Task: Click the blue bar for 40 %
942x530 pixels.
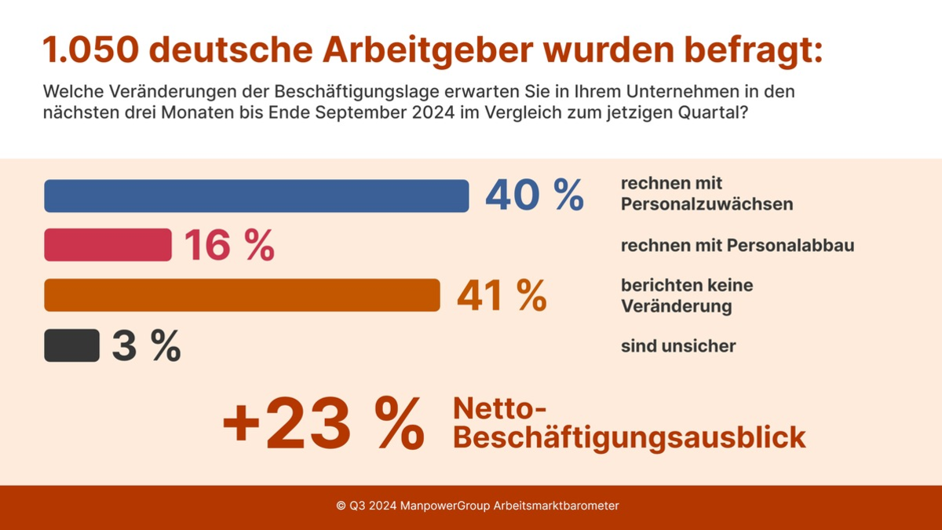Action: (x=256, y=196)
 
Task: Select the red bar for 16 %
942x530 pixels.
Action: (x=108, y=245)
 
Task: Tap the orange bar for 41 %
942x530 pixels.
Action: (x=242, y=295)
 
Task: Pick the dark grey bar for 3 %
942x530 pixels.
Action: (x=71, y=345)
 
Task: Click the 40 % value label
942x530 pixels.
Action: (x=534, y=196)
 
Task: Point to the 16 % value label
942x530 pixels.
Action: (x=229, y=246)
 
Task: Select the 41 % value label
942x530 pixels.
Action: (x=502, y=296)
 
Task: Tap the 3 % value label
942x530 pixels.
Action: (x=146, y=346)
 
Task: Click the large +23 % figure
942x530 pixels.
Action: (x=323, y=425)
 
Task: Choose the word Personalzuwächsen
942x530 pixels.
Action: (x=706, y=204)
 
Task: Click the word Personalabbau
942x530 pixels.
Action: (x=790, y=246)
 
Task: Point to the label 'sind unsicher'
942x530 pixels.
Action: (x=678, y=346)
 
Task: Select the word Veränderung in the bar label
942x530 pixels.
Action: (x=676, y=306)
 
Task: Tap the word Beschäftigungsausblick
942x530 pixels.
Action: (x=630, y=437)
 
